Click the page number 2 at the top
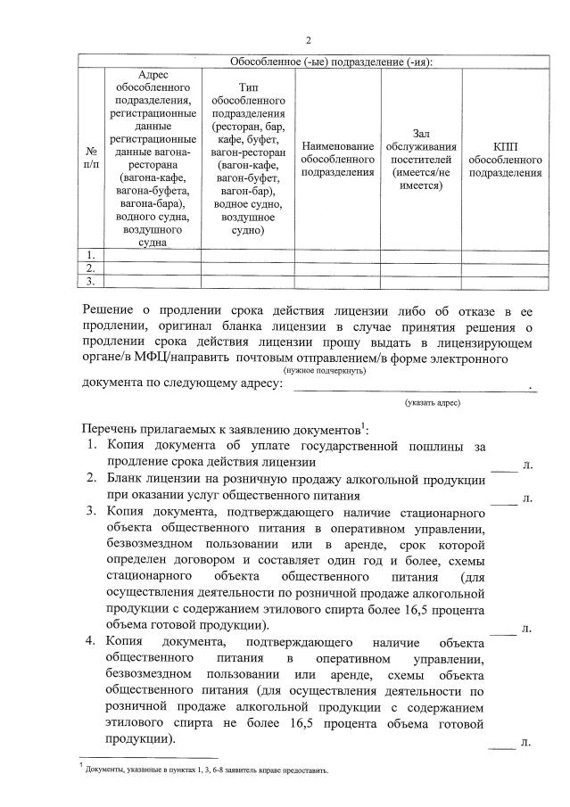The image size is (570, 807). pos(309,41)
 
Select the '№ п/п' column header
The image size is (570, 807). pos(90,159)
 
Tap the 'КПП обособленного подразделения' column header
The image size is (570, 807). pos(504,159)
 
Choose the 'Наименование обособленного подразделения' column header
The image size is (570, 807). pos(338,159)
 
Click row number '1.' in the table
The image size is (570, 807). pos(90,255)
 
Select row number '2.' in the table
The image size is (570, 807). pos(90,268)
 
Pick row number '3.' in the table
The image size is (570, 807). pos(90,282)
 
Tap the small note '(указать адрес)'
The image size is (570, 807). pos(432,403)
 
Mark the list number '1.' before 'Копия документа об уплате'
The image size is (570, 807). pos(93,445)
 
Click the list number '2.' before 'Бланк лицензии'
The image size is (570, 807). pos(93,479)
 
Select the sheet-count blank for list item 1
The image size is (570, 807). pos(504,465)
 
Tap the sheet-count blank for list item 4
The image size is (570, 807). pos(504,742)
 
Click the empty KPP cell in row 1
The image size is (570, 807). pos(504,255)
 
